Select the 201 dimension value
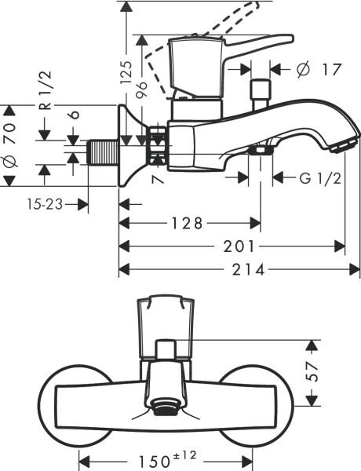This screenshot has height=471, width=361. [x=232, y=246]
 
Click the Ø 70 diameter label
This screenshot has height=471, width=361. [x=12, y=144]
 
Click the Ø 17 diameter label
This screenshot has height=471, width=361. [x=320, y=69]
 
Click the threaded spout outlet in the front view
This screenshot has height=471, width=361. [x=164, y=405]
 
